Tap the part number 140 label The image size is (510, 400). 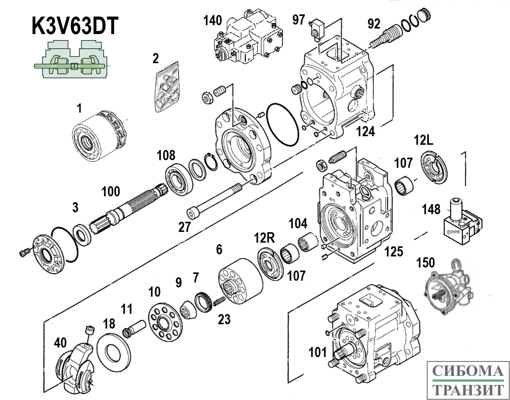(x=212, y=20)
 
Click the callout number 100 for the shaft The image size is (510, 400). (x=111, y=191)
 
